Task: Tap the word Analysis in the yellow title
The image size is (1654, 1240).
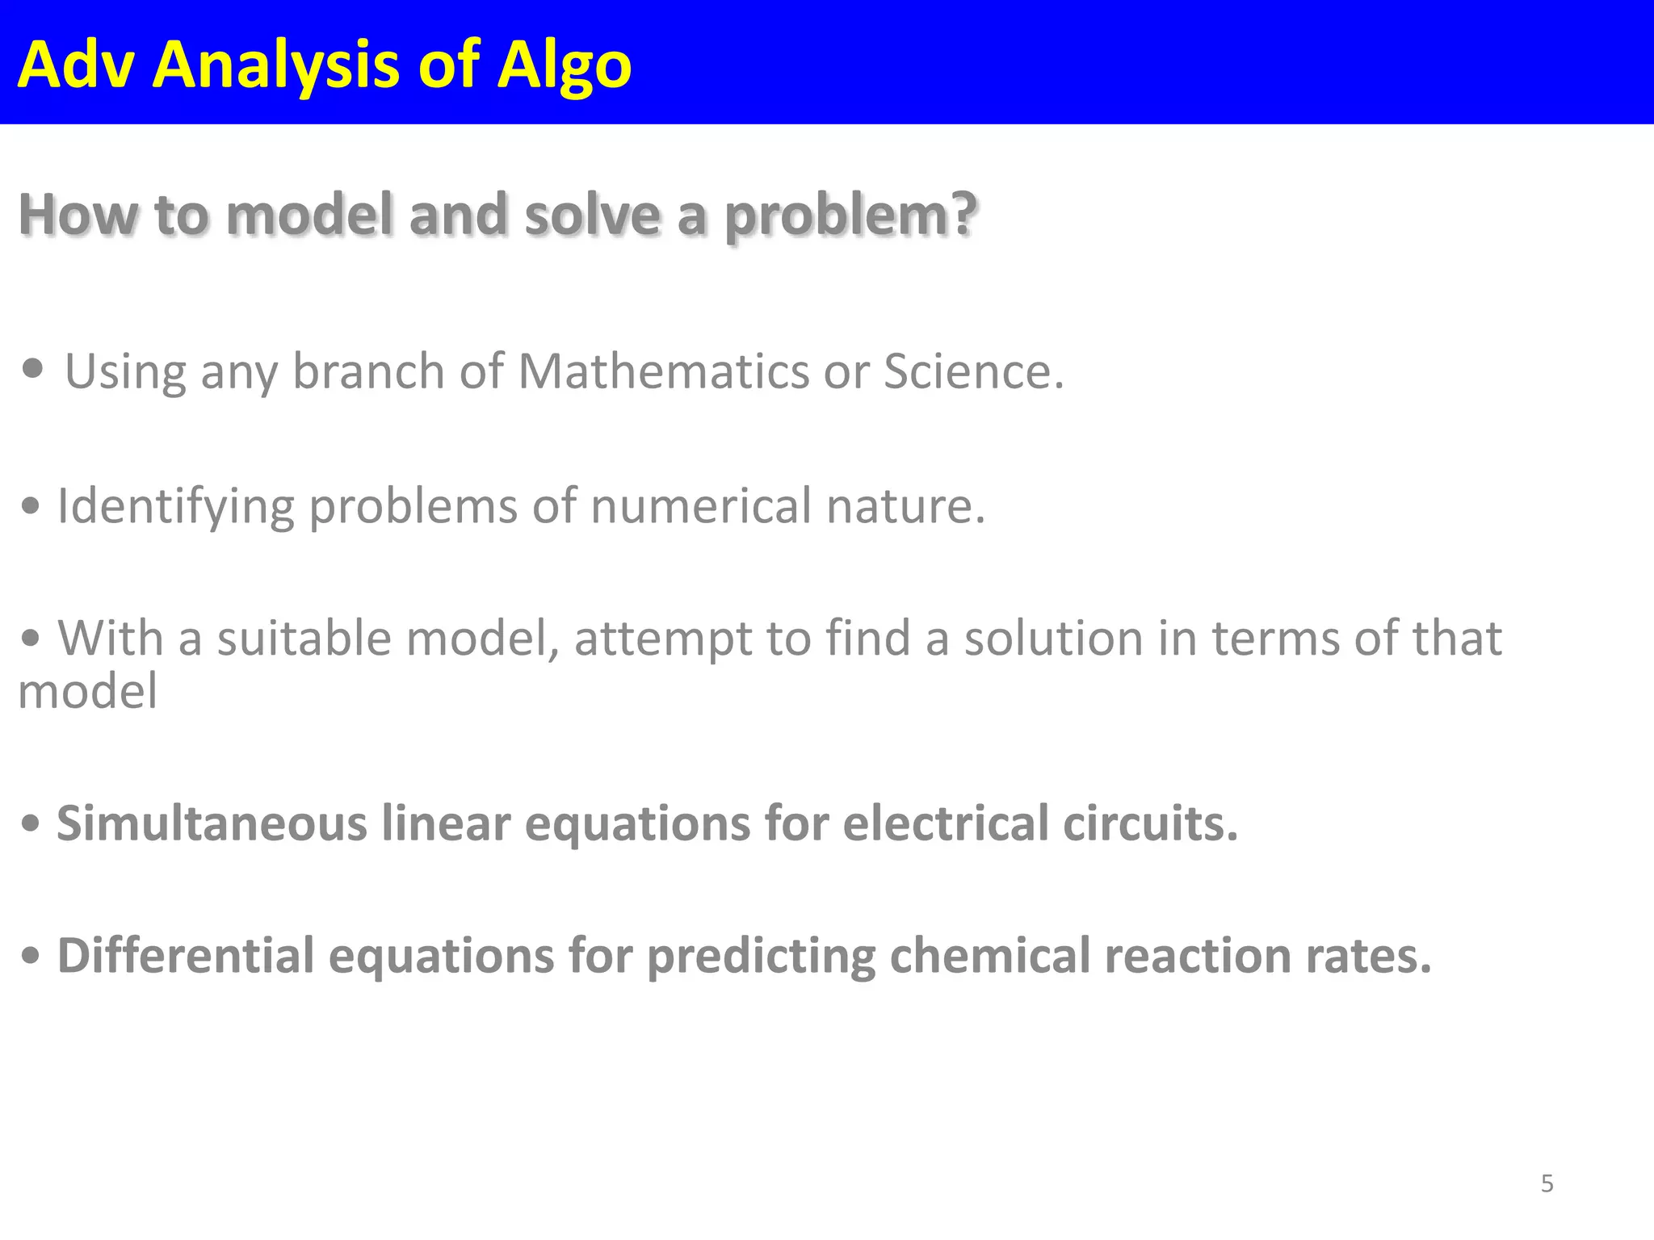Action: [x=275, y=65]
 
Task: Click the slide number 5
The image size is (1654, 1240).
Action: [x=1547, y=1183]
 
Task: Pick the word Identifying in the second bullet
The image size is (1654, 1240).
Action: [x=175, y=507]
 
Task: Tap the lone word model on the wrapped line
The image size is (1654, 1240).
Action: [x=87, y=692]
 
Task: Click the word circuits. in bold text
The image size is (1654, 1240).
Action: [x=1150, y=824]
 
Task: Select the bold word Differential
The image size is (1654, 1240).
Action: [x=185, y=956]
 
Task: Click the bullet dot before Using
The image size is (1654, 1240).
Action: [x=33, y=370]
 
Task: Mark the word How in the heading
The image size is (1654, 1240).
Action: [x=78, y=216]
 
